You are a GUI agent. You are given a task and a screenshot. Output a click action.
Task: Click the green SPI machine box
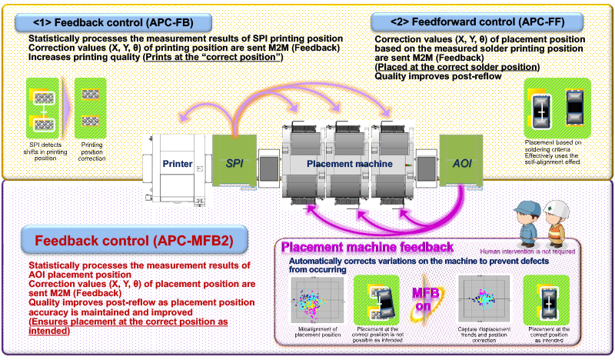234,162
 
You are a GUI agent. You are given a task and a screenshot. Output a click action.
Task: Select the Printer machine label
177,163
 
